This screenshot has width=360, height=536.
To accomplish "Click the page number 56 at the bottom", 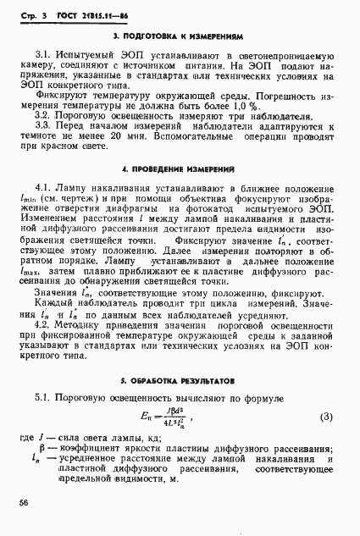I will (23, 501).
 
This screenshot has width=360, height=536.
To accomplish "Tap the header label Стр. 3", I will (34, 14).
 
